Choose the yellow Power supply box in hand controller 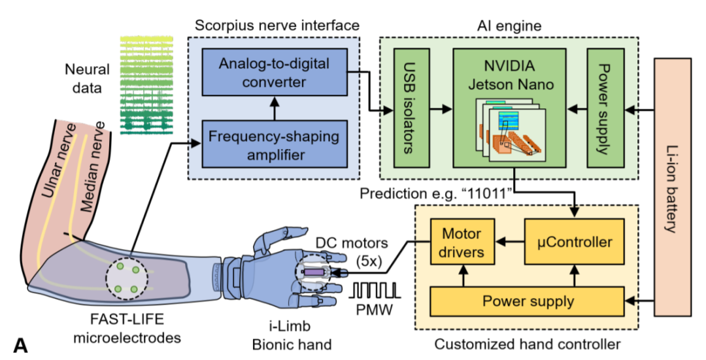coord(528,301)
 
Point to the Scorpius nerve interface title coord(277,25)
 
